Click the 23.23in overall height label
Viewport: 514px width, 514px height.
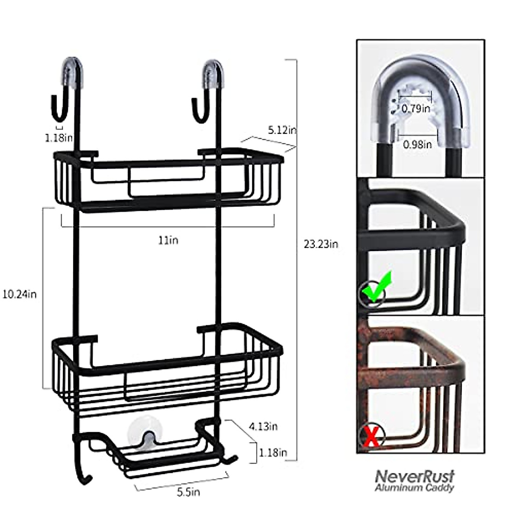321,245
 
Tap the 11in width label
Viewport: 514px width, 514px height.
168,240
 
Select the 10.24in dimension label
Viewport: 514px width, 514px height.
19,294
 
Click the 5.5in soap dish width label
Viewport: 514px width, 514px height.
188,492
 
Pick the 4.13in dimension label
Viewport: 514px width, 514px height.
263,426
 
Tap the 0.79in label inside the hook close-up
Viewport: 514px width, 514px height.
415,109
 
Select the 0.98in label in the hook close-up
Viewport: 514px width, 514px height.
417,145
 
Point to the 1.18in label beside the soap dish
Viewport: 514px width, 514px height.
272,452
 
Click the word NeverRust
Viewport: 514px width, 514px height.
414,476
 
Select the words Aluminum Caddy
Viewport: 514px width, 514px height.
414,487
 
